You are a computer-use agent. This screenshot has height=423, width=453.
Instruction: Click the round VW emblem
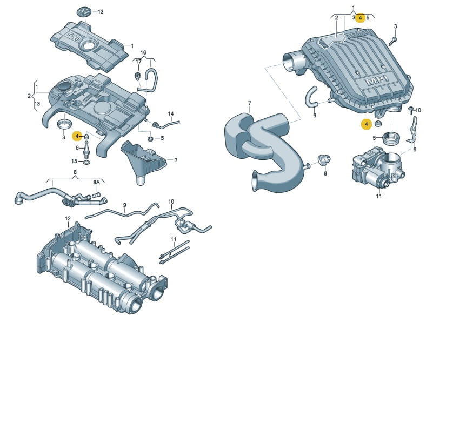coord(84,12)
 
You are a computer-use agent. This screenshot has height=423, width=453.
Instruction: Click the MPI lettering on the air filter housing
coord(376,80)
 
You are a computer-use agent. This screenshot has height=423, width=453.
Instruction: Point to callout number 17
coord(139,62)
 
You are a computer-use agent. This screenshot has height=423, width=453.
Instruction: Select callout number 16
coord(143,52)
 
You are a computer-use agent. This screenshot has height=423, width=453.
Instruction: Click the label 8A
coord(96,182)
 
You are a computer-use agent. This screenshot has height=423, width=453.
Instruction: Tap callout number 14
coord(171,114)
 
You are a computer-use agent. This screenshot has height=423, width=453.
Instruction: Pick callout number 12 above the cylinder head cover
coord(68,219)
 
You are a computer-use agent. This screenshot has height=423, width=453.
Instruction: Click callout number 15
coord(74,161)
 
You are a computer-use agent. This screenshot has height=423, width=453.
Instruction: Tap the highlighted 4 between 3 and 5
coord(360,18)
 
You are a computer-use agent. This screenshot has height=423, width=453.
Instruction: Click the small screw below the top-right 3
coord(392,41)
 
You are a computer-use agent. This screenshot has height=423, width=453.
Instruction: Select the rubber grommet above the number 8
coord(324,159)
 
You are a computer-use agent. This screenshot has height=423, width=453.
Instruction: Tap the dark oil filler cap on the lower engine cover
coord(64,85)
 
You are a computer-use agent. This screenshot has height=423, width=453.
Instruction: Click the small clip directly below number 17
coord(138,76)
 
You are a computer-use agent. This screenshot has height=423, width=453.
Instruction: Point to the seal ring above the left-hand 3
coord(64,125)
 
